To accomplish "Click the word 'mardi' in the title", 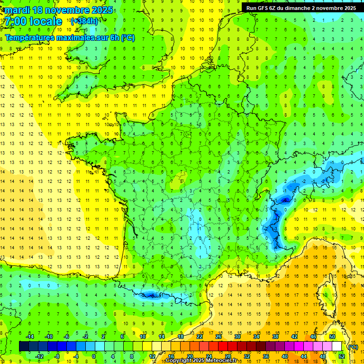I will tap(17, 10).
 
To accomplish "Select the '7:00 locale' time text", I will tap(33, 21).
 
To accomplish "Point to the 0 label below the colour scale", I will tap(94, 356).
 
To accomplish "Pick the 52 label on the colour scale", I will tap(341, 356).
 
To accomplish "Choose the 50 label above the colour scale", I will tap(332, 337).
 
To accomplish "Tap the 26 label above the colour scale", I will tap(218, 337).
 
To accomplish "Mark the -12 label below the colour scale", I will tap(39, 356).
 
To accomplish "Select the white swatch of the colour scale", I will tap(337, 346).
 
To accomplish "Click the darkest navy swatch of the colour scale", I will tap(24, 346).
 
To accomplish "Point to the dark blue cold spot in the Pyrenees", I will tap(151, 295).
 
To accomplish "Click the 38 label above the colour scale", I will tap(275, 337).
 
